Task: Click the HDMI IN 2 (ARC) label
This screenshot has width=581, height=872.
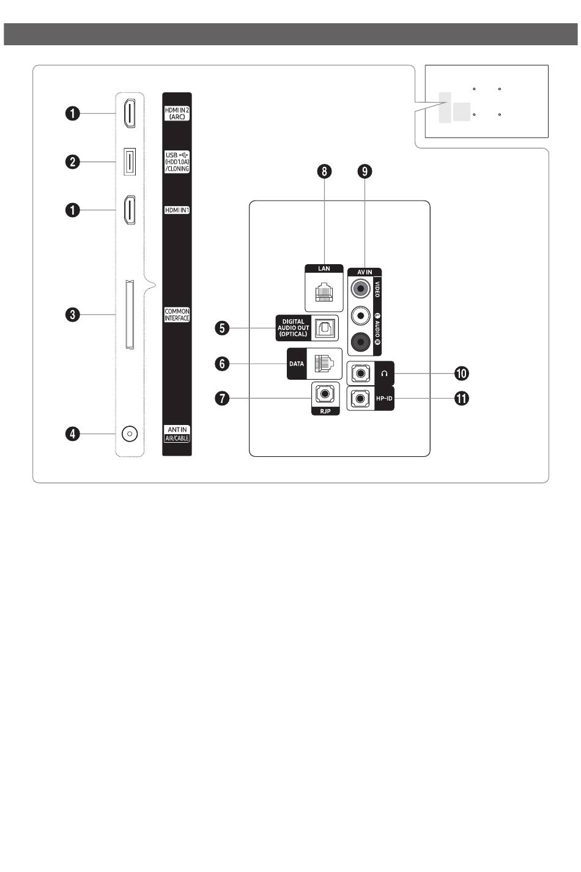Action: (x=177, y=113)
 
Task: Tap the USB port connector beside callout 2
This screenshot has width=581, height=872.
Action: (x=130, y=161)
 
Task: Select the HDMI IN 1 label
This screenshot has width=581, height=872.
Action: (x=177, y=210)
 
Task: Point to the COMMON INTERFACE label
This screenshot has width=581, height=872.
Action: (x=177, y=315)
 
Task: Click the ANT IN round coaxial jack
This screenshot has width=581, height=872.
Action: (x=129, y=434)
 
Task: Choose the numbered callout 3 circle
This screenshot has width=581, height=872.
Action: (x=73, y=315)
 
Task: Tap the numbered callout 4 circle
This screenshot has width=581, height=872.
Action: (x=73, y=434)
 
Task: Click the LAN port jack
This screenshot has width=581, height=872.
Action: (x=324, y=292)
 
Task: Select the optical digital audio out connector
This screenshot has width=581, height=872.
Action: (x=324, y=328)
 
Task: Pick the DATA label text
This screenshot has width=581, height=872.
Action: (x=297, y=364)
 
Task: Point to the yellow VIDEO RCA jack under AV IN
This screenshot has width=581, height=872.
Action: (x=361, y=287)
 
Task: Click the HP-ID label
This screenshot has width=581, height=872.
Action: (x=384, y=399)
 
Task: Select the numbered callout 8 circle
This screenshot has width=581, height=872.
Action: (x=324, y=171)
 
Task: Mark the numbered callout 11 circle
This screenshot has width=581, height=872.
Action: (x=461, y=399)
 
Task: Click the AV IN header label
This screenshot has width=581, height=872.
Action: (x=365, y=272)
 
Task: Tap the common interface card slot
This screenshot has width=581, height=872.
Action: (x=130, y=315)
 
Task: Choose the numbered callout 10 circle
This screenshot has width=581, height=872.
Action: (x=461, y=373)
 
